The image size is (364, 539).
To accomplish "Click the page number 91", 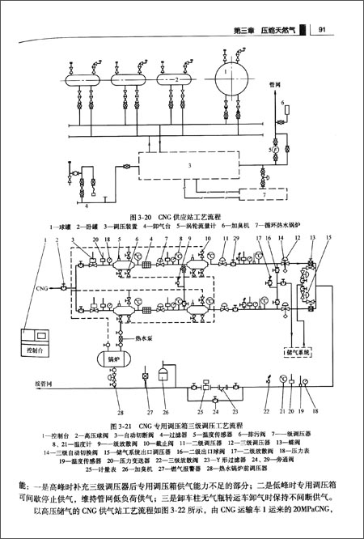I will tap(322, 32).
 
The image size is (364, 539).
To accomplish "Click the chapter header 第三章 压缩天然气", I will tap(264, 32).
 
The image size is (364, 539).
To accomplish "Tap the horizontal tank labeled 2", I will tap(170, 80).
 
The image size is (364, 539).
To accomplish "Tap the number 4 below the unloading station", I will tap(78, 197).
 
